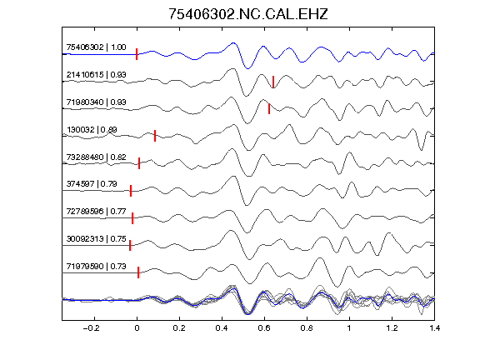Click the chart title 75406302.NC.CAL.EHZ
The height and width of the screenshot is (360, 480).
pos(248,14)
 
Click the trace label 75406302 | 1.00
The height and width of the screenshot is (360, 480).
pos(96,47)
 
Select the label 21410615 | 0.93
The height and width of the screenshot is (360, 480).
pos(96,75)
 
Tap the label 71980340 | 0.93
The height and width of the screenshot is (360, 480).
pos(96,102)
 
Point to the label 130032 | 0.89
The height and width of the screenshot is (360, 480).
pos(92,129)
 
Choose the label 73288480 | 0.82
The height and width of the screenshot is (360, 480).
pos(96,157)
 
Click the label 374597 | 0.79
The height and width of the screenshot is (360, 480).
pos(92,184)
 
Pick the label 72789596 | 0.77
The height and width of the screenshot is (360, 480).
pos(96,212)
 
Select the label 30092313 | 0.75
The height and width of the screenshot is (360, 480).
pos(96,239)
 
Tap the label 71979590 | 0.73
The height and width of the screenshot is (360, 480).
pos(96,267)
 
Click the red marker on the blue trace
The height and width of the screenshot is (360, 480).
pos(137,54)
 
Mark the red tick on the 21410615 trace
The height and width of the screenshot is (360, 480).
pos(273,82)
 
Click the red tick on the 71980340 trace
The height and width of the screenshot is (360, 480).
pos(269,108)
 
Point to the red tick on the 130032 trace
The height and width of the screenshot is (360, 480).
pos(155,136)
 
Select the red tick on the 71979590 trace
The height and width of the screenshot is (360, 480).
pos(138,272)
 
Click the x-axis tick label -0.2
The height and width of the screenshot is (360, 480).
pos(91,328)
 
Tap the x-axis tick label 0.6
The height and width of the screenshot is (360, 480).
pos(264,328)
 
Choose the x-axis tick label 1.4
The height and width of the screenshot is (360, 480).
pos(434,328)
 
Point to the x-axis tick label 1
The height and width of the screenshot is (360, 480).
pos(349,328)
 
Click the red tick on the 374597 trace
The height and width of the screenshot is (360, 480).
pos(131,190)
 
